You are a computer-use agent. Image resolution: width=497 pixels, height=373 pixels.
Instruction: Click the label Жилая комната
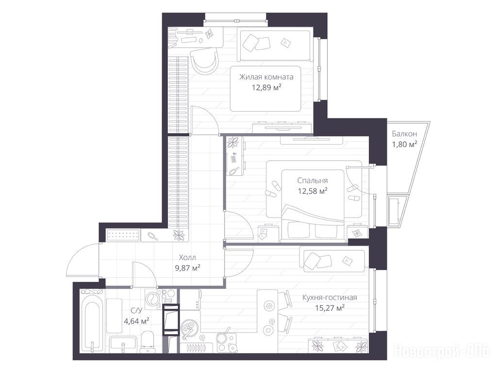pos(266,77)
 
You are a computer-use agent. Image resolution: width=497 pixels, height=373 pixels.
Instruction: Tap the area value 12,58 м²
pos(313,191)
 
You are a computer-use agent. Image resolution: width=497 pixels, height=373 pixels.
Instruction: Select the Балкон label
pos(404,134)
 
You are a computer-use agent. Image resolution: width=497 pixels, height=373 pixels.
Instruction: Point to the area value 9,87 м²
pos(188,268)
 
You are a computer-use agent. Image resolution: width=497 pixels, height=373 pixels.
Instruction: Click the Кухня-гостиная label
pos(330,298)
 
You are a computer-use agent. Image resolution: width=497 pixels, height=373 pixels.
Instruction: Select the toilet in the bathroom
pos(147,342)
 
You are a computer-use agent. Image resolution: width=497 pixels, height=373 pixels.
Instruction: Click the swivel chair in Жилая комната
pos(205,61)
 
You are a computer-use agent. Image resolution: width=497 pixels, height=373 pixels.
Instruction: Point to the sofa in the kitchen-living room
pos(334,261)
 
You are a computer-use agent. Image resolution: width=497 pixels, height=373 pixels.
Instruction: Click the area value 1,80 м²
pos(404,144)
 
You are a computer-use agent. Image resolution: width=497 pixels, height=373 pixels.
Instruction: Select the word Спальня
pos(313,181)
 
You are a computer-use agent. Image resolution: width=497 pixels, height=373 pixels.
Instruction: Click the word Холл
pos(187,257)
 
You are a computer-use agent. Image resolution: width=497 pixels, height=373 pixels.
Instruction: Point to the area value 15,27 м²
pos(330,307)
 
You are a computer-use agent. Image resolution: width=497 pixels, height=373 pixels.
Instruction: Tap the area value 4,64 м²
pos(136,321)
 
